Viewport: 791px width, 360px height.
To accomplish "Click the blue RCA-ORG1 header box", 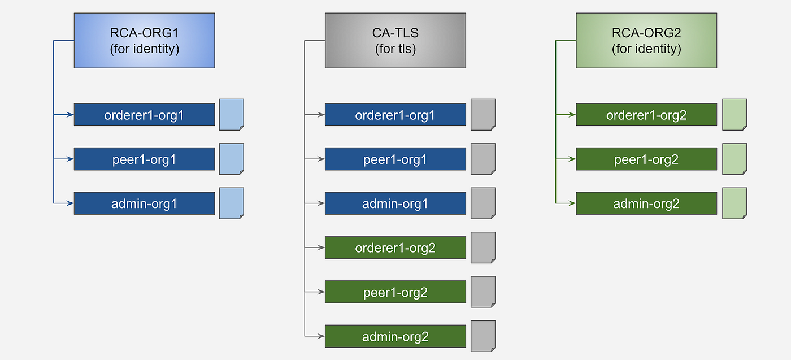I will tap(144, 41).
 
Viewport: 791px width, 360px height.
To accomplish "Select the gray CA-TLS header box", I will tap(395, 41).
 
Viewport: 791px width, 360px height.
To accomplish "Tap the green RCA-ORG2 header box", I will tap(646, 41).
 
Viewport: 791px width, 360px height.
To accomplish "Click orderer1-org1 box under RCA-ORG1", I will tap(144, 115).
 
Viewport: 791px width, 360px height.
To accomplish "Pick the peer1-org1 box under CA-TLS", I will tap(395, 159).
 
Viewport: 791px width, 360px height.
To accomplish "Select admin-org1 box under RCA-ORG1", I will tap(144, 203).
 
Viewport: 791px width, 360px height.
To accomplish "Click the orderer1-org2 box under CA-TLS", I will tap(395, 248).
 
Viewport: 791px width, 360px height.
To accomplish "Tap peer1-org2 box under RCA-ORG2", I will tap(646, 159).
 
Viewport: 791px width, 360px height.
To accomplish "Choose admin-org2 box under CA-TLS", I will tap(395, 336).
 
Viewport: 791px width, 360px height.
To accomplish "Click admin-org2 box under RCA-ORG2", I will tap(646, 203).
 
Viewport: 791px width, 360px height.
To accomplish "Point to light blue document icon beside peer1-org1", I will tap(231, 159).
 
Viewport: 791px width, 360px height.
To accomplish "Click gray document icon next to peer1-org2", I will tap(483, 292).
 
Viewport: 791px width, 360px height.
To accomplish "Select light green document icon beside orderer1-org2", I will tap(734, 115).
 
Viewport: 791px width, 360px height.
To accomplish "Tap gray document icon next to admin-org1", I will tap(483, 203).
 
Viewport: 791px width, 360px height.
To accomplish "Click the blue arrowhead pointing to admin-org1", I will tap(71, 203).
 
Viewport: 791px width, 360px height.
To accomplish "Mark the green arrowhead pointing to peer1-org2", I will tap(572, 159).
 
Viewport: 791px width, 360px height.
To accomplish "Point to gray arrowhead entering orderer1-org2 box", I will tap(321, 248).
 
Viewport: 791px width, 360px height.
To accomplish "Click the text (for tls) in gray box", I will tap(395, 49).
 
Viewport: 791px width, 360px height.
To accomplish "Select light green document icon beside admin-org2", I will tap(734, 203).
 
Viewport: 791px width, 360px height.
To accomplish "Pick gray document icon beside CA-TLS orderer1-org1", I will tap(483, 115).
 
